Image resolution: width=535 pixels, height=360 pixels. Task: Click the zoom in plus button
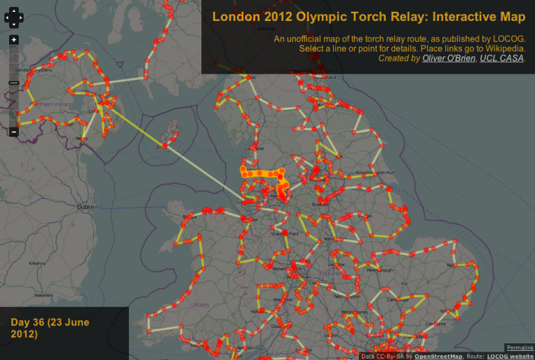(14, 40)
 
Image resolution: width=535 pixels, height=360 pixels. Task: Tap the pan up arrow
(14, 11)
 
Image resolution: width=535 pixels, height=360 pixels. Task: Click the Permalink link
(520, 347)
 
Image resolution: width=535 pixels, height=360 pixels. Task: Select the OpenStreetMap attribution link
(429, 356)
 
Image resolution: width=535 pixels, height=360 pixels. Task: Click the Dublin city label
(86, 207)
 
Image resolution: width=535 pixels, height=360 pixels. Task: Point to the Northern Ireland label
(52, 104)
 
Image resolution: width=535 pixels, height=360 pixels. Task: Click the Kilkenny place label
(37, 264)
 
